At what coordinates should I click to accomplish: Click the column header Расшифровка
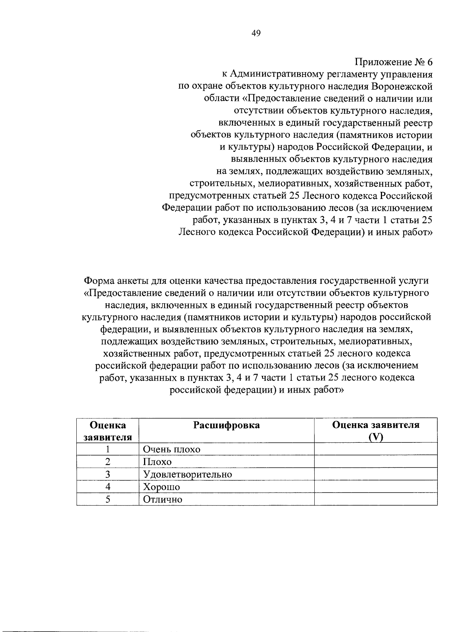coord(226,425)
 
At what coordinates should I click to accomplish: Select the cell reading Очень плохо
coord(172,449)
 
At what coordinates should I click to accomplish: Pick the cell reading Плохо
coord(157,462)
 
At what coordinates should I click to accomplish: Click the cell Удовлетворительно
coord(187,475)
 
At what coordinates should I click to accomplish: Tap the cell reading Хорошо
coord(161,487)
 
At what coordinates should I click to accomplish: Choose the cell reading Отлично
coord(162,500)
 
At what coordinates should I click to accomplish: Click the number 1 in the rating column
coord(108,449)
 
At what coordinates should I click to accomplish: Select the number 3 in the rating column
coord(108,475)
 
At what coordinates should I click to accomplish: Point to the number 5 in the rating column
coord(108,500)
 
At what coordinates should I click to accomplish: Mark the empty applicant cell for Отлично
coord(375,500)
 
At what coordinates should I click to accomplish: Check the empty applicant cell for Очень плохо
coord(375,449)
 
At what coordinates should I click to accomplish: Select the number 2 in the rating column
coord(108,462)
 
